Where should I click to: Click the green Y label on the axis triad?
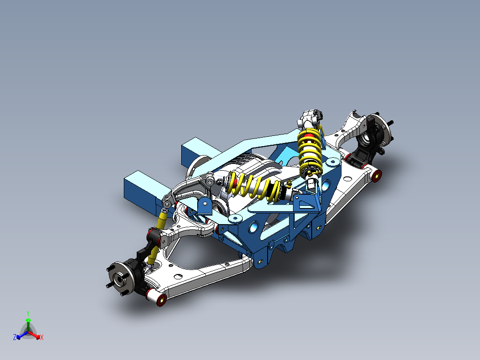tap(28, 313)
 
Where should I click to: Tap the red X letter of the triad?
tap(42, 338)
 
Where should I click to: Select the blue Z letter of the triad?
tap(15, 338)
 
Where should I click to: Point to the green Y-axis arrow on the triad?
tap(28, 323)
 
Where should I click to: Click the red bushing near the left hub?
tap(162, 299)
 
